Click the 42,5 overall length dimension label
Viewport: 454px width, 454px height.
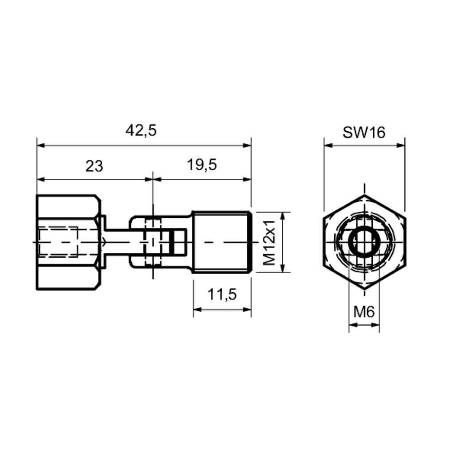141,131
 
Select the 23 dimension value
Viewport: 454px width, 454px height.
94,167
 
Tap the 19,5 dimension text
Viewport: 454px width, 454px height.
202,165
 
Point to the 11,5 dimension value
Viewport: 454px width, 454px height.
222,295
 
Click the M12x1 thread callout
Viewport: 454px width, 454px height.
270,243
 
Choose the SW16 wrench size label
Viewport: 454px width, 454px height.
364,133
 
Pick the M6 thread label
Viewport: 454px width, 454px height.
364,312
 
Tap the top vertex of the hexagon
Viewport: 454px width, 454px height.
364,195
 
